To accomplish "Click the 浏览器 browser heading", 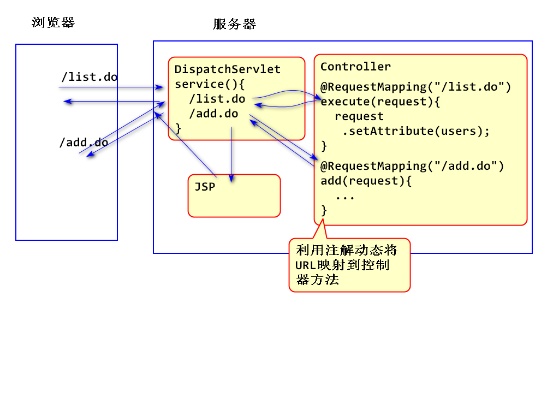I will pyautogui.click(x=53, y=22).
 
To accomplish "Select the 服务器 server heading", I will pyautogui.click(x=234, y=24).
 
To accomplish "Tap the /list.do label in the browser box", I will pyautogui.click(x=88, y=77).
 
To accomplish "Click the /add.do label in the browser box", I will pyautogui.click(x=84, y=143).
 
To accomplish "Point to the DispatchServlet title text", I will pyautogui.click(x=228, y=69).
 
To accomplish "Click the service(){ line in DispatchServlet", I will pyautogui.click(x=211, y=85).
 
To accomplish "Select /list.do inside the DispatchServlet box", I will pyautogui.click(x=217, y=99).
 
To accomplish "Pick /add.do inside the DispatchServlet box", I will pyautogui.click(x=213, y=114).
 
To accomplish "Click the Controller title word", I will pyautogui.click(x=355, y=67).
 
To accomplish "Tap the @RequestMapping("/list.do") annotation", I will pyautogui.click(x=415, y=87).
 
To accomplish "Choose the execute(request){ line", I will pyautogui.click(x=380, y=102).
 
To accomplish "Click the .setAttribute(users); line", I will pyautogui.click(x=416, y=131).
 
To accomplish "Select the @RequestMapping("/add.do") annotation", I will pyautogui.click(x=412, y=166).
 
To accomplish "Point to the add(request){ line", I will pyautogui.click(x=366, y=181).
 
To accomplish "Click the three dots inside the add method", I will pyautogui.click(x=345, y=196).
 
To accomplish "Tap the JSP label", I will pyautogui.click(x=205, y=187).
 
